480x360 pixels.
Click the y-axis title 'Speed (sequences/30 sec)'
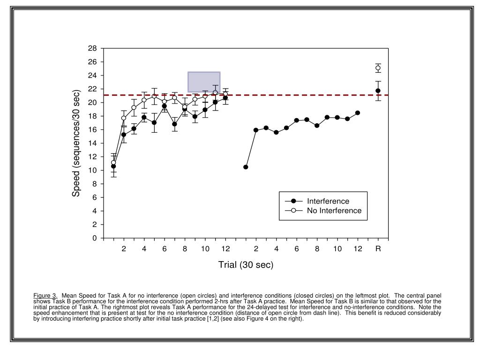(x=76, y=143)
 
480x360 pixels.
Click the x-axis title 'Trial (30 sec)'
(x=246, y=265)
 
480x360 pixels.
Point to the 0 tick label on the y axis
(x=94, y=238)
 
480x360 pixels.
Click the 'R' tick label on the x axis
(x=378, y=249)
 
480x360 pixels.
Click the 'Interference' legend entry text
(x=328, y=201)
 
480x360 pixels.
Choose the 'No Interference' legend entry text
(x=334, y=210)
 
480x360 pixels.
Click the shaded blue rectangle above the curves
(x=204, y=82)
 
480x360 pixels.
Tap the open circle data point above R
(x=378, y=68)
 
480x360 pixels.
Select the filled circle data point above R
(x=378, y=90)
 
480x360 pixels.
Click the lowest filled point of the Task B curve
(x=246, y=167)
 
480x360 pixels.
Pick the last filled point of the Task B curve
(x=358, y=113)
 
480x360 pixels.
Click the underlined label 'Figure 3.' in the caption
(x=45, y=295)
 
